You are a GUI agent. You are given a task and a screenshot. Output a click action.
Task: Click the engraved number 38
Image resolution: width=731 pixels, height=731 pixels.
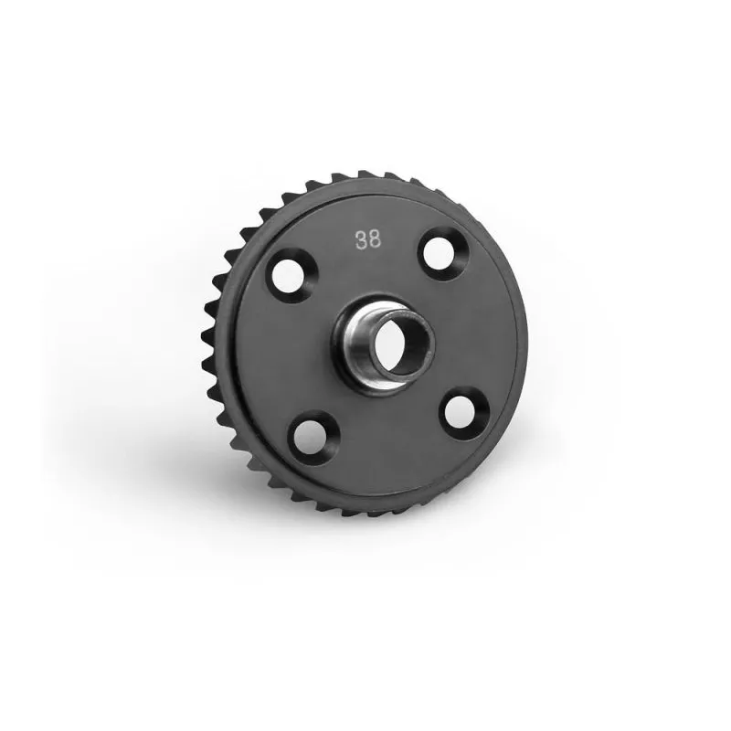pos(368,240)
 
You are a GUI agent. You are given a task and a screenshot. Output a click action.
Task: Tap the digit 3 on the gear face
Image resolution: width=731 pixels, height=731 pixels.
pos(361,240)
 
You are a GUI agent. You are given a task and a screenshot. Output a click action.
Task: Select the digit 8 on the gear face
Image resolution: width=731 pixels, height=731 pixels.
pos(375,239)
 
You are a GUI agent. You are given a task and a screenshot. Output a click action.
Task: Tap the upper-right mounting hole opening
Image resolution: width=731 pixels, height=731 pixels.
pos(439,253)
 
